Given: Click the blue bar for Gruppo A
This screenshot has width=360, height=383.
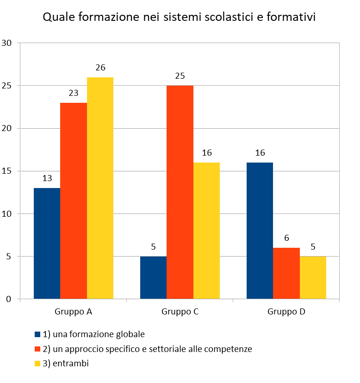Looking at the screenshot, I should [47, 243].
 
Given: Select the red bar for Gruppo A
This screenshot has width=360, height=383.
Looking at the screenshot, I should [74, 201].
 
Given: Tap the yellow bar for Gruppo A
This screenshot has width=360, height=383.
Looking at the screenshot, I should [100, 188].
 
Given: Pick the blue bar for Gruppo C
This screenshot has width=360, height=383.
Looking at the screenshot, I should [153, 277].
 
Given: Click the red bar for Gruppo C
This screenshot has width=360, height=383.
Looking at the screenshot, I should [180, 192].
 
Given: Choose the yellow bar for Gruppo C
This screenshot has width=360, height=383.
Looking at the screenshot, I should [206, 231].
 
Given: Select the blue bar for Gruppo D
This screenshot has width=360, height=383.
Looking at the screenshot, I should [260, 231].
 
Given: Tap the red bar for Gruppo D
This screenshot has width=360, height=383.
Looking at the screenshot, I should [286, 273].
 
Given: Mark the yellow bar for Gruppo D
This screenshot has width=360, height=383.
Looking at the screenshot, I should [313, 277].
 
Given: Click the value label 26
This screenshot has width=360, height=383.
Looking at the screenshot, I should [100, 68].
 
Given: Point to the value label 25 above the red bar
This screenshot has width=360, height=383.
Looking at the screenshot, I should [180, 75].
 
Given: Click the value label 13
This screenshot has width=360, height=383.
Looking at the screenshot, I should [47, 178].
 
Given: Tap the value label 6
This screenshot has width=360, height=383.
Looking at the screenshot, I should [286, 238].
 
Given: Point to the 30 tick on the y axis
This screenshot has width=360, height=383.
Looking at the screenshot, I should [7, 43].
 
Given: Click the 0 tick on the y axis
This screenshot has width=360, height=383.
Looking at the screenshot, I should [9, 299].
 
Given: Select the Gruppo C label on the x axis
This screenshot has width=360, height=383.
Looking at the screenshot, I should [180, 312].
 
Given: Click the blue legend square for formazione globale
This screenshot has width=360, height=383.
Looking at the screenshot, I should [38, 334].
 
